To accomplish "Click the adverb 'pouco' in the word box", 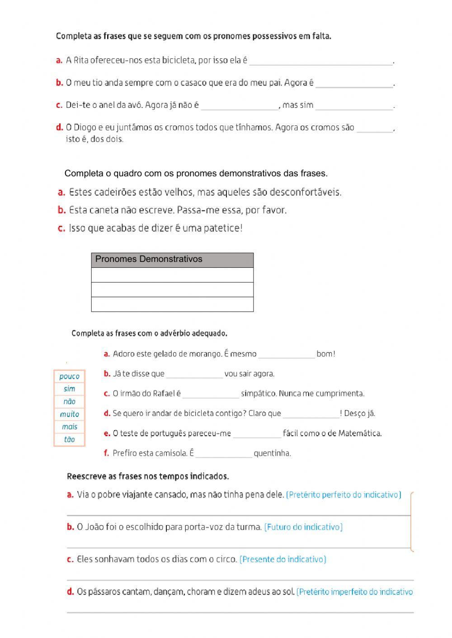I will [69, 376].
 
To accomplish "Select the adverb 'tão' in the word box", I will [69, 439].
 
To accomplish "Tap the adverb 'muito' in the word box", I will [69, 414].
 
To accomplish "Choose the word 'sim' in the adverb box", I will [69, 389].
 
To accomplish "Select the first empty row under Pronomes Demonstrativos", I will [172, 275].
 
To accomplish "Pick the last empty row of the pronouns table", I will [172, 304].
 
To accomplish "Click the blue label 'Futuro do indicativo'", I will [303, 527].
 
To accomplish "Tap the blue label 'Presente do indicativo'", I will [283, 559].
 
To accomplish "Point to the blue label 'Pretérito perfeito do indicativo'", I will [344, 494].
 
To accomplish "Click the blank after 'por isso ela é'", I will [321, 61].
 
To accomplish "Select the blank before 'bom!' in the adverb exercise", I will [286, 354].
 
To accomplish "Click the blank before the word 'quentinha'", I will [223, 453].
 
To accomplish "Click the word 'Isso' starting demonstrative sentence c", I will [77, 228].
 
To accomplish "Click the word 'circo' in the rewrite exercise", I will [226, 559].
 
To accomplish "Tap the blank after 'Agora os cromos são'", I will [375, 128].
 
